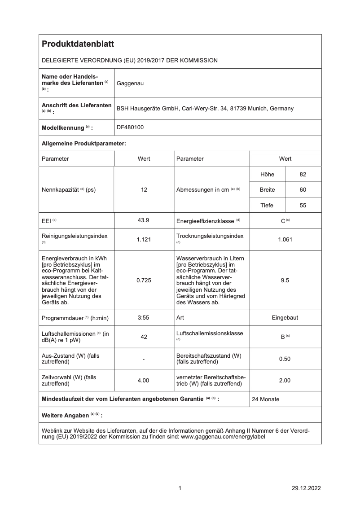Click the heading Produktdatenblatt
click(78, 44)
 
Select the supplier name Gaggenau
click(130, 83)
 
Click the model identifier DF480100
click(130, 127)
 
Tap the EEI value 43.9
click(144, 220)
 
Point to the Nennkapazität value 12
click(144, 190)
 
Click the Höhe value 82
click(303, 175)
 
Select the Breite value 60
click(303, 190)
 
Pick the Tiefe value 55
click(303, 205)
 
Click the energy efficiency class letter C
click(283, 220)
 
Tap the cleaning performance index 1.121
click(144, 240)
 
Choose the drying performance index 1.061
click(285, 240)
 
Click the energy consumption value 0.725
click(144, 280)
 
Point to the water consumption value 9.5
click(285, 280)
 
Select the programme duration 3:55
click(144, 317)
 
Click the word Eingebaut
click(285, 317)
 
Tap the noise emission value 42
click(144, 337)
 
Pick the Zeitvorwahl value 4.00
click(144, 380)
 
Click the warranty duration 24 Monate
click(266, 399)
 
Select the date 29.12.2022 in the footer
click(306, 488)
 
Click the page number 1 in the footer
click(180, 488)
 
